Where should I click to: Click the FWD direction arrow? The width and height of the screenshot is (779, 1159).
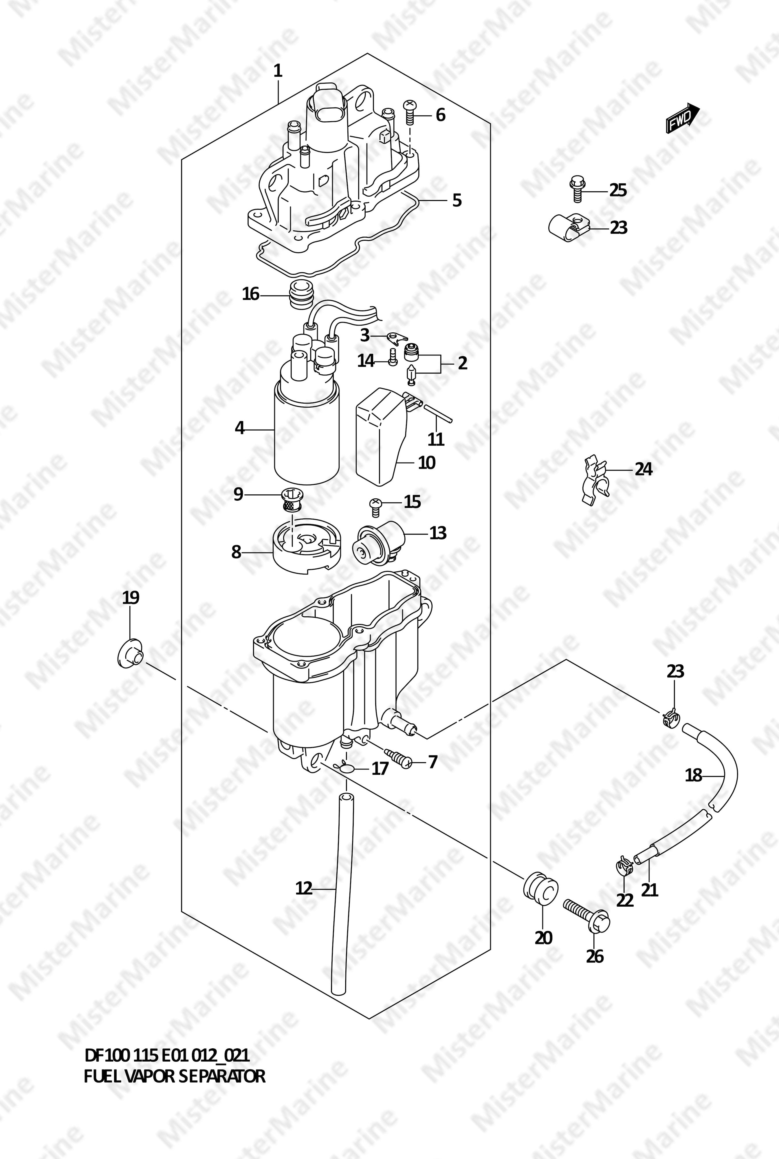point(683,118)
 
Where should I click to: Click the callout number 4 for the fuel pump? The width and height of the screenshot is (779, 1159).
point(240,428)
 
